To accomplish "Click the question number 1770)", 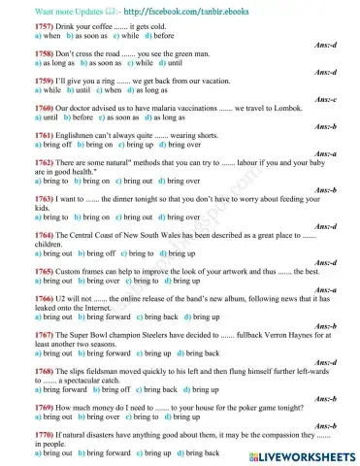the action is [x=19, y=435].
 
